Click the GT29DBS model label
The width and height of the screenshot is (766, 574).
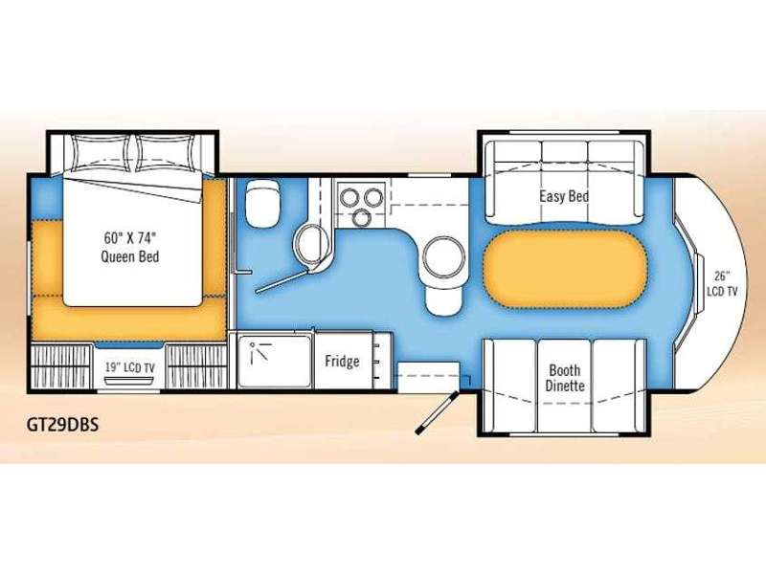pos(62,424)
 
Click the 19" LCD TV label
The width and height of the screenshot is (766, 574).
pos(129,367)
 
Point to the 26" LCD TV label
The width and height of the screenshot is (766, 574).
pos(722,283)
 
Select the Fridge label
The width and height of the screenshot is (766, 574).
pos(342,362)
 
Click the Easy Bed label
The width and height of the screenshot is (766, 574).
pos(564,196)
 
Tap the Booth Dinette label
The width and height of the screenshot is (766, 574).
pos(565,378)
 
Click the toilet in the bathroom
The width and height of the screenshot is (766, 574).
pos(263,203)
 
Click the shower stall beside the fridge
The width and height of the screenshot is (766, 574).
pos(274,361)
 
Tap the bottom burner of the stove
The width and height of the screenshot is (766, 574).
pos(362,217)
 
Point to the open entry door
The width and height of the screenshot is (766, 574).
pos(437,412)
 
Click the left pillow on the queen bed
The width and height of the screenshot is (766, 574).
pos(100,153)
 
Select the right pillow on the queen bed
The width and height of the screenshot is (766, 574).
pos(165,153)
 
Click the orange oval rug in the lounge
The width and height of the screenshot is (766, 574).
pos(565,269)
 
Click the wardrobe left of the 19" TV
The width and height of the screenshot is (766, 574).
pos(61,366)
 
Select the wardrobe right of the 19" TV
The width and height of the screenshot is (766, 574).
pos(196,366)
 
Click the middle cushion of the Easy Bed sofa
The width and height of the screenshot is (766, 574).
pos(564,181)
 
